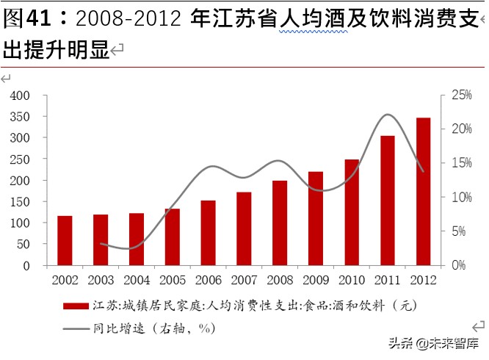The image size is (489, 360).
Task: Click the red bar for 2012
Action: pyautogui.click(x=423, y=191)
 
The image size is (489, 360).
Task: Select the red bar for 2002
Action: pyautogui.click(x=65, y=240)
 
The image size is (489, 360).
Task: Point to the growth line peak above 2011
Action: pyautogui.click(x=388, y=115)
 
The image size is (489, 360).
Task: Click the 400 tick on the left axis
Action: pyautogui.click(x=20, y=96)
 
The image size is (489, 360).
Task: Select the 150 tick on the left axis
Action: pyautogui.click(x=20, y=202)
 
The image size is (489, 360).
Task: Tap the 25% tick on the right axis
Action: pyautogui.click(x=461, y=96)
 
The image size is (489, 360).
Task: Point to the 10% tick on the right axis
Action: pyautogui.click(x=461, y=197)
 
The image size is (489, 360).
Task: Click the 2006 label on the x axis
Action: pyautogui.click(x=208, y=280)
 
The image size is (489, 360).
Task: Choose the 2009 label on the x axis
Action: pyautogui.click(x=315, y=280)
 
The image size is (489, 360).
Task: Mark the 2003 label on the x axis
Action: pyautogui.click(x=101, y=280)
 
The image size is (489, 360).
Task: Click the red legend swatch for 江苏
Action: pyautogui.click(x=76, y=306)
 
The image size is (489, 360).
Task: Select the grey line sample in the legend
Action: pyautogui.click(x=76, y=329)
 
